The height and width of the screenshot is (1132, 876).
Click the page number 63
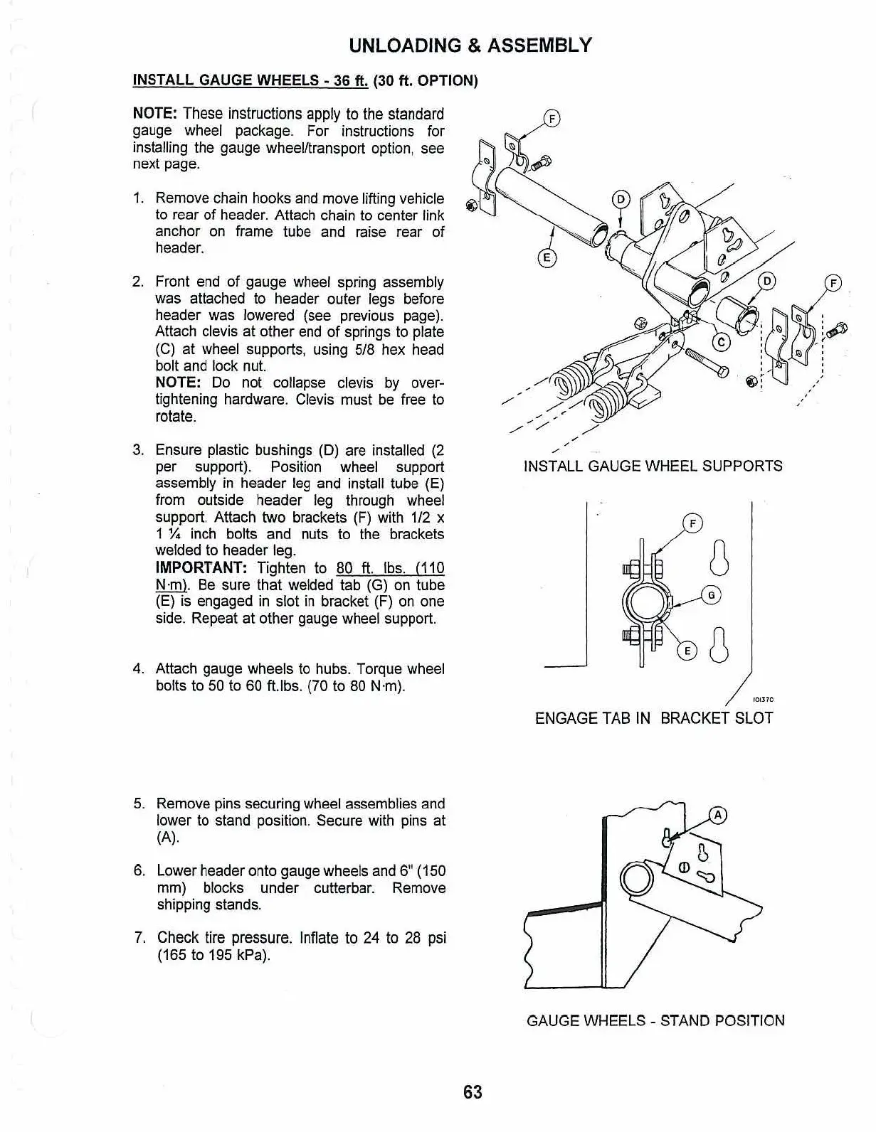(x=473, y=1092)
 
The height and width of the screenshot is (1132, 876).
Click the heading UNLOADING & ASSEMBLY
(x=470, y=46)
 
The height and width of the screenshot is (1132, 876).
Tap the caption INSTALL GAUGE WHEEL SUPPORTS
(x=653, y=466)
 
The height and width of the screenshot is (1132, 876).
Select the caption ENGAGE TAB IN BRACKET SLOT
(x=653, y=718)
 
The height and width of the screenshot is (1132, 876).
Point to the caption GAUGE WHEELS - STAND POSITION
(x=655, y=1021)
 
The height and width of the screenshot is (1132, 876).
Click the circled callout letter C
(x=722, y=343)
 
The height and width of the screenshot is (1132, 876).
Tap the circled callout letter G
(x=711, y=595)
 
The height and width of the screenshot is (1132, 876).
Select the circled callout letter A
(x=719, y=816)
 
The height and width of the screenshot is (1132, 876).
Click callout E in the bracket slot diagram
(x=687, y=651)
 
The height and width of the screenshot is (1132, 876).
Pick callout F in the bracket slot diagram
(x=692, y=524)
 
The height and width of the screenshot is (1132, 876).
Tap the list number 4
(x=139, y=669)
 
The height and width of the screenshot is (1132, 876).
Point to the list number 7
(x=140, y=938)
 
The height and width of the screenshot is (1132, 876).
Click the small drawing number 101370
(x=763, y=700)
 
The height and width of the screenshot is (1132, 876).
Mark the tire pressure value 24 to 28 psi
(x=404, y=938)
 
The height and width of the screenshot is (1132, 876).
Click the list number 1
(x=139, y=199)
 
